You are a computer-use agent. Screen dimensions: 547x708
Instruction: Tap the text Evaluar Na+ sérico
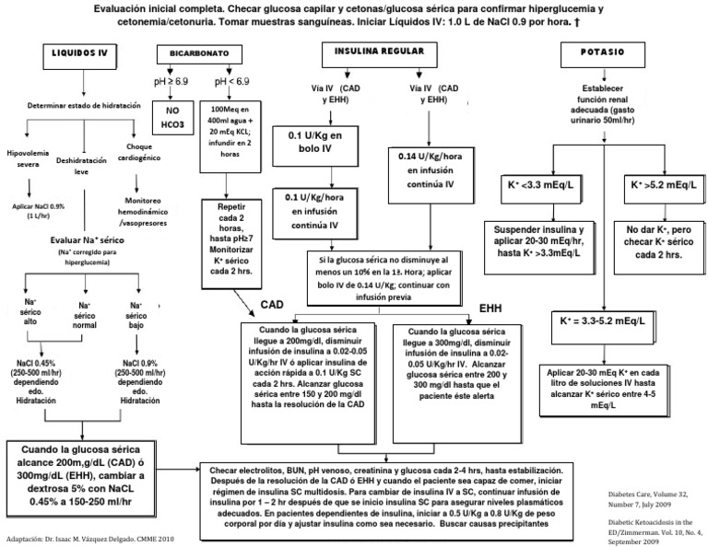pyautogui.click(x=84, y=239)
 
